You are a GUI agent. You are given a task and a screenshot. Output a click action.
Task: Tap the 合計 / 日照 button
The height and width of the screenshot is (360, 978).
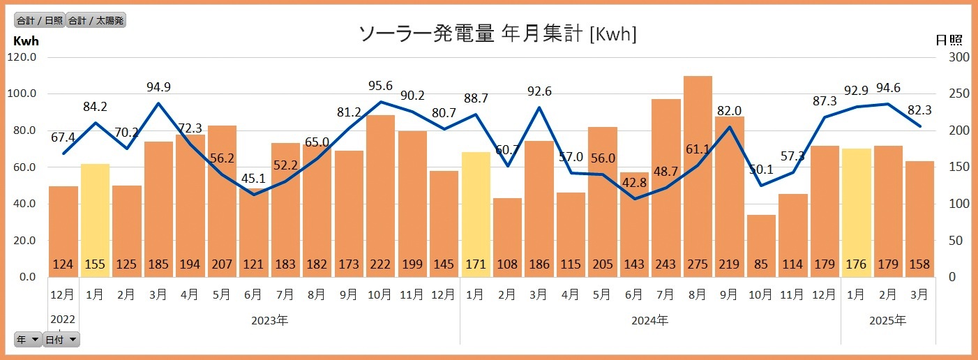pyautogui.click(x=40, y=20)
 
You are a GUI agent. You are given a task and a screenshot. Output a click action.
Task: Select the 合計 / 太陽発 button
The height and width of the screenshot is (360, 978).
pyautogui.click(x=96, y=20)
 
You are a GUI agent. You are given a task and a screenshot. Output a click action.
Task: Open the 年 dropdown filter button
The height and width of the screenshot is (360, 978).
pyautogui.click(x=28, y=340)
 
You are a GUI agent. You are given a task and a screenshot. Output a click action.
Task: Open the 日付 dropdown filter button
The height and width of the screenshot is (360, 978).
pyautogui.click(x=61, y=340)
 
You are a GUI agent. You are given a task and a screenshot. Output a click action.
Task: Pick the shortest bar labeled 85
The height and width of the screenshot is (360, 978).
pyautogui.click(x=761, y=245)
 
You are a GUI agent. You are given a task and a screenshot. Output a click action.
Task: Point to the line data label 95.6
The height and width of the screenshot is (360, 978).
pyautogui.click(x=380, y=86)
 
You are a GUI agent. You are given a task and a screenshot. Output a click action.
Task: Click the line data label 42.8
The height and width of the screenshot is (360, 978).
pyautogui.click(x=635, y=182)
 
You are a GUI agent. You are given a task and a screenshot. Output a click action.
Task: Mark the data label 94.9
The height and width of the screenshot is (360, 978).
pyautogui.click(x=158, y=87)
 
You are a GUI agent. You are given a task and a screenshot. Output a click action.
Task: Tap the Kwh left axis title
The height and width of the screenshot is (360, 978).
pyautogui.click(x=27, y=40)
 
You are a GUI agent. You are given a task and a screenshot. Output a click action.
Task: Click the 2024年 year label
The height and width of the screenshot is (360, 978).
pyautogui.click(x=649, y=321)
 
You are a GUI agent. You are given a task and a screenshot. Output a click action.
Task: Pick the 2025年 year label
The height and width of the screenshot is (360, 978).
pyautogui.click(x=888, y=321)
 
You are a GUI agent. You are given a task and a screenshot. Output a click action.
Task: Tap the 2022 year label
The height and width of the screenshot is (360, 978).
pyautogui.click(x=63, y=320)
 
